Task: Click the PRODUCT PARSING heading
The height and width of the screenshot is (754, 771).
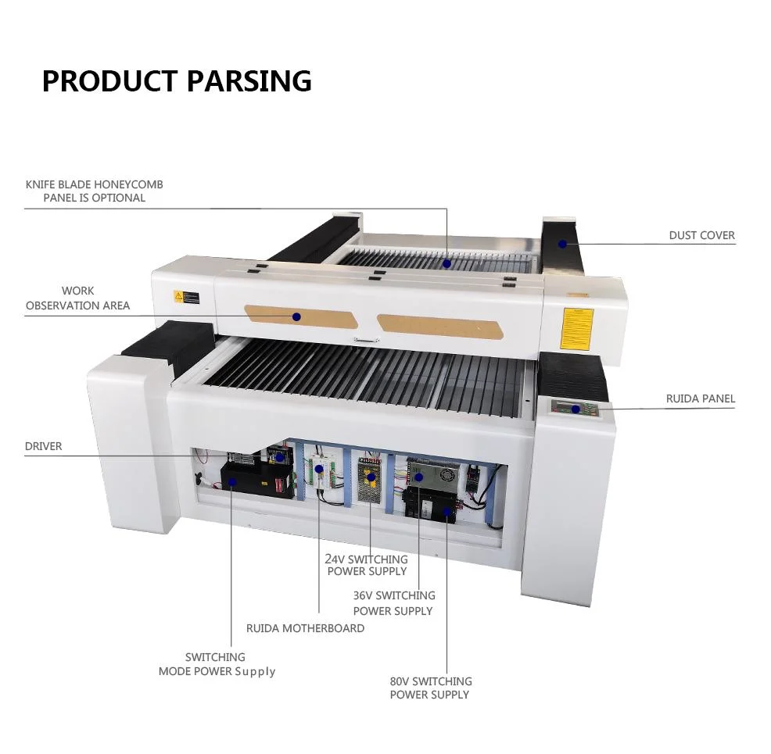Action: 177,81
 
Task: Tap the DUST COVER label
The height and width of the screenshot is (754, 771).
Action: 701,235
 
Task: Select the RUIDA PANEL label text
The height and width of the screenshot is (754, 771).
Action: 700,398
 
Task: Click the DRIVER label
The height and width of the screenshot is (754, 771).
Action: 43,446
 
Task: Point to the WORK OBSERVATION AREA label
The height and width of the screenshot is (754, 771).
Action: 77,298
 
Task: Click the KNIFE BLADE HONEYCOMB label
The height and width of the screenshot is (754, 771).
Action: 94,191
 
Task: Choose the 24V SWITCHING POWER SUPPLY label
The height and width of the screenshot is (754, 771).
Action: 367,565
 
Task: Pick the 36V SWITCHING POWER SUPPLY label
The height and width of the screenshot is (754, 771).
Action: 393,602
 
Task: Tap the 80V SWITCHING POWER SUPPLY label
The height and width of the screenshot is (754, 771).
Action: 430,688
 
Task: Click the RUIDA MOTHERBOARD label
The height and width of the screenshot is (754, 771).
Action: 305,628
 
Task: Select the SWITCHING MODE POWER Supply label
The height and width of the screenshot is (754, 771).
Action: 217,664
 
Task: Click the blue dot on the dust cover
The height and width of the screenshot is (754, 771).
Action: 561,244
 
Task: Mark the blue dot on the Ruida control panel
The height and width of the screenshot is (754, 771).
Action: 576,409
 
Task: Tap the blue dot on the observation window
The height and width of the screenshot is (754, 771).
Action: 296,316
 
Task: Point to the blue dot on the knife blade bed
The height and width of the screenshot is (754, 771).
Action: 446,263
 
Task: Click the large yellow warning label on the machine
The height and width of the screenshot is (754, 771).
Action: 577,328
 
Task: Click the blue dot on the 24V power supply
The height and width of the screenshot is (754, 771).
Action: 371,476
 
